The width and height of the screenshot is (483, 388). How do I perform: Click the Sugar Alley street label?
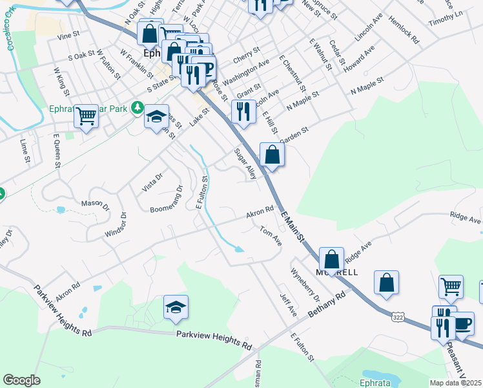coord(245,164)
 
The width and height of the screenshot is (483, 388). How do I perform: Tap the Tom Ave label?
coord(271,235)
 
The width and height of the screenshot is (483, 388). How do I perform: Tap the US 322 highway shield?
coord(398,316)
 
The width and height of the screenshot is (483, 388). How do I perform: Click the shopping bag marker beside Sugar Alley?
coord(272,155)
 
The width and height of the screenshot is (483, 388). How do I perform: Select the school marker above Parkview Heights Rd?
coord(175,308)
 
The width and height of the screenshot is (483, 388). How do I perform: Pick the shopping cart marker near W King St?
coord(85,116)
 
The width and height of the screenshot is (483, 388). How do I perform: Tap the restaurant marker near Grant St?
coord(243,111)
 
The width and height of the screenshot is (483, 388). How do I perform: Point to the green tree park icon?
coord(136,107)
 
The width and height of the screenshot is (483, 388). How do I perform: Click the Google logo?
coord(21,380)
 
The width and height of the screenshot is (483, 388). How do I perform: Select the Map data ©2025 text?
coord(455,382)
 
